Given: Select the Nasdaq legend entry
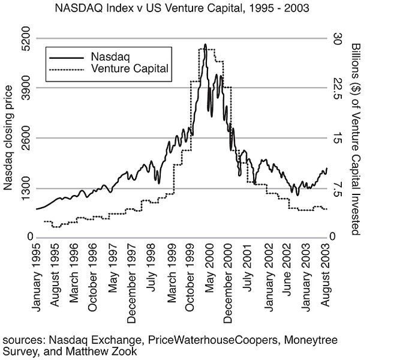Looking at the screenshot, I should click(x=107, y=57).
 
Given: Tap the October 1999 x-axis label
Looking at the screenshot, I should click(x=190, y=281).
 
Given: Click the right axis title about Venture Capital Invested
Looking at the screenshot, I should click(x=356, y=138).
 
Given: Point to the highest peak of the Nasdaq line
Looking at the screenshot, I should click(x=205, y=44).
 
